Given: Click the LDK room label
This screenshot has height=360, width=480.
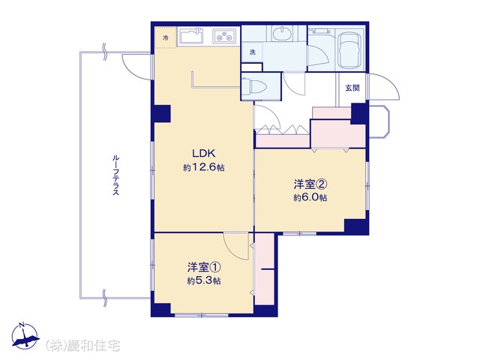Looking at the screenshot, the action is pyautogui.click(x=203, y=153).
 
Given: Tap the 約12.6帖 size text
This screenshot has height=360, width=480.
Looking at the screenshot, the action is pyautogui.click(x=203, y=167).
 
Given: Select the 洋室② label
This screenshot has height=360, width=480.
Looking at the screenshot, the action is pyautogui.click(x=310, y=184).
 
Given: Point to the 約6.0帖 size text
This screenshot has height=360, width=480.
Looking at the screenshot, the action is pyautogui.click(x=310, y=197).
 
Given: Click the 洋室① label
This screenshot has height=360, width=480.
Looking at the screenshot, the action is pyautogui.click(x=204, y=267).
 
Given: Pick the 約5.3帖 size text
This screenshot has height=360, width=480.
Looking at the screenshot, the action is pyautogui.click(x=204, y=280).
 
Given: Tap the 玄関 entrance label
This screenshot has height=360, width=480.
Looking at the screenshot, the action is pyautogui.click(x=352, y=88).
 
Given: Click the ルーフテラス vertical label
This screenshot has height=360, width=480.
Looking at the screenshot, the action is pyautogui.click(x=115, y=175).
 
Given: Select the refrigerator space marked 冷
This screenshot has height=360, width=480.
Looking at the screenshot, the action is pyautogui.click(x=166, y=37).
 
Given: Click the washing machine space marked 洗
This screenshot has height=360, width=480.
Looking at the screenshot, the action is pyautogui.click(x=252, y=52).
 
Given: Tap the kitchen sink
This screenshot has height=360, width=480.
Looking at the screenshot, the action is pyautogui.click(x=191, y=37).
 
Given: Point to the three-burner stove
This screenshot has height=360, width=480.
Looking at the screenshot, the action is pyautogui.click(x=224, y=36).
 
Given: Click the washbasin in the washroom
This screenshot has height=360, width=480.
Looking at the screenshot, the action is pyautogui.click(x=283, y=33).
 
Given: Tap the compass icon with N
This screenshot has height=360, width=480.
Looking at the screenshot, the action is pyautogui.click(x=25, y=335).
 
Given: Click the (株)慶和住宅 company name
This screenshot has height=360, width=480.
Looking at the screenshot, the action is pyautogui.click(x=82, y=346).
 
